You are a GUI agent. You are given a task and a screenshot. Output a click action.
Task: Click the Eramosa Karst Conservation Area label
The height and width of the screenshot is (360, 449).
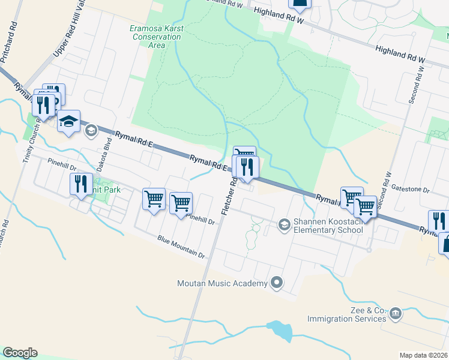155,37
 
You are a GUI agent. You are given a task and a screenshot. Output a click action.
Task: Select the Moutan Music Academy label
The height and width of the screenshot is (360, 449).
222,283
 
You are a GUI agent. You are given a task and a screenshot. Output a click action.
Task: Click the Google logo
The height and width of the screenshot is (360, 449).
20,353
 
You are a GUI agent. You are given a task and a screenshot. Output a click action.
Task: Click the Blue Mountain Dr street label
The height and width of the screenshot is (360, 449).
181,247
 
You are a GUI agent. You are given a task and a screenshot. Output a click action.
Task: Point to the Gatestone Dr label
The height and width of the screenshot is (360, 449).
411,190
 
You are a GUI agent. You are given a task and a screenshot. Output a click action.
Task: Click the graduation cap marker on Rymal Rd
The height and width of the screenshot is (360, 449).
68,122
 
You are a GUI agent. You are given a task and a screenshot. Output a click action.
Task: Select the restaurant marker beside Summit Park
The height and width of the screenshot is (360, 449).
81,184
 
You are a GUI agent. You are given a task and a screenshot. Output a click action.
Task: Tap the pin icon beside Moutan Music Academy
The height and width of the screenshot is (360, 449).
277,281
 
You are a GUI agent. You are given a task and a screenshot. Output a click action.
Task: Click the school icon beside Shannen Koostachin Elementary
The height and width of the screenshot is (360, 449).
284,224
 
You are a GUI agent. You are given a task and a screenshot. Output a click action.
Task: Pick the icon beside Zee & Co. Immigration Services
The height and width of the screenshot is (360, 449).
395,313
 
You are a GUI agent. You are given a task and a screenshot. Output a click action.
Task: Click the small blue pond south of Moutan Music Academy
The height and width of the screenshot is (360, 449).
280,330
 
